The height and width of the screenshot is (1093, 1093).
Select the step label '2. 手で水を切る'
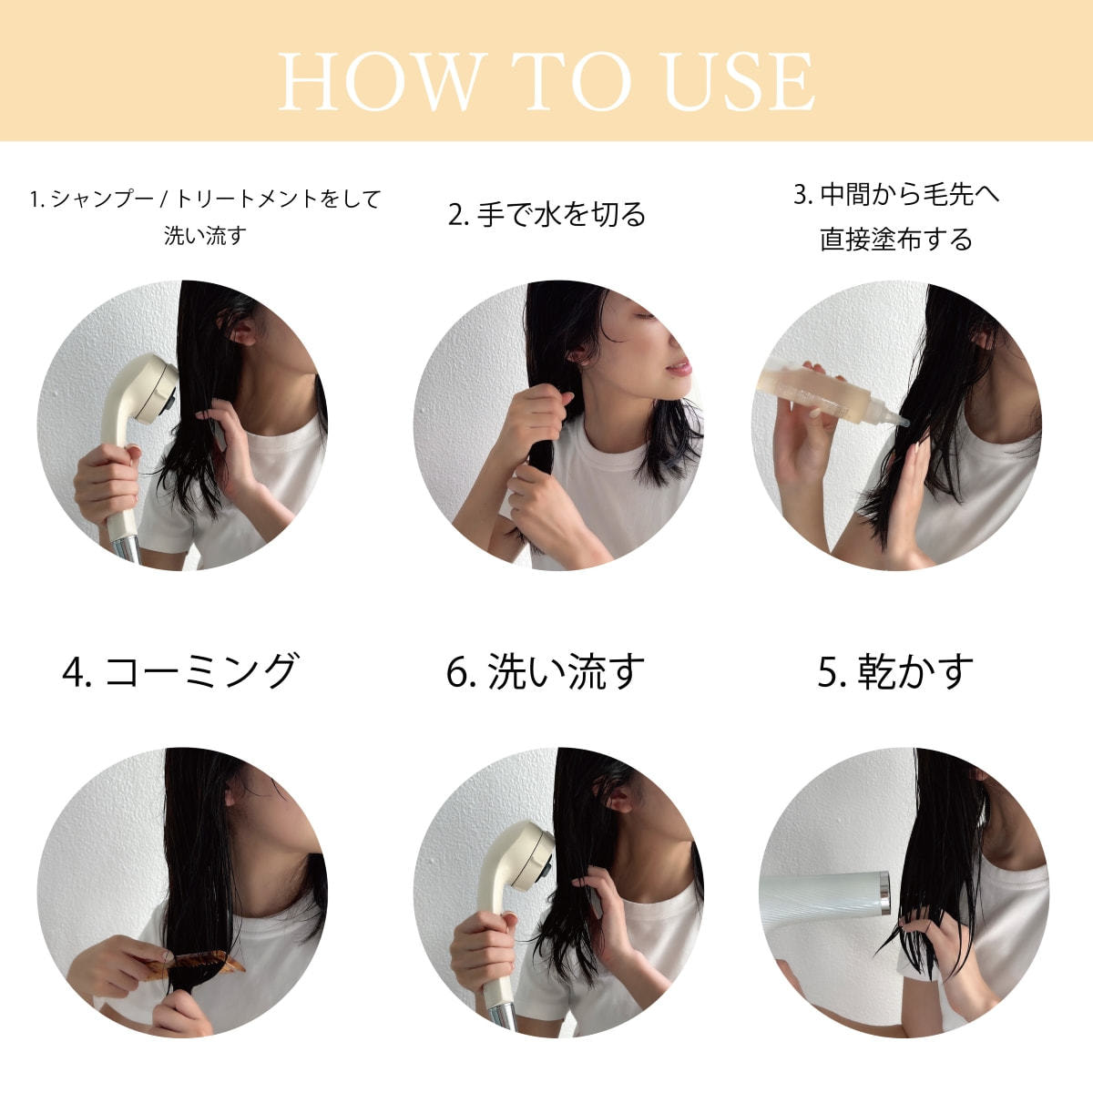[546, 214]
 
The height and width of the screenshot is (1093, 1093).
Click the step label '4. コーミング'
[179, 671]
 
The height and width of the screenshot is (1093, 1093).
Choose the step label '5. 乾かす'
[895, 671]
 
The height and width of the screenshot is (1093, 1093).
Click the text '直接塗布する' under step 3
[895, 239]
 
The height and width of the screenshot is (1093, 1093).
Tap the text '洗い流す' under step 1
[205, 235]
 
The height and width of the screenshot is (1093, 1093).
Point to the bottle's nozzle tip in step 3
[905, 424]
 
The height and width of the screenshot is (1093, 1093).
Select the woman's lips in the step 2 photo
[681, 367]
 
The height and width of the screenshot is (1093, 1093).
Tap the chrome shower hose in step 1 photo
[126, 550]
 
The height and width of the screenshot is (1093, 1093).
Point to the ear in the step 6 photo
[618, 799]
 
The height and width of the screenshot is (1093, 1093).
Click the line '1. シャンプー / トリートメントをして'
[205, 199]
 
